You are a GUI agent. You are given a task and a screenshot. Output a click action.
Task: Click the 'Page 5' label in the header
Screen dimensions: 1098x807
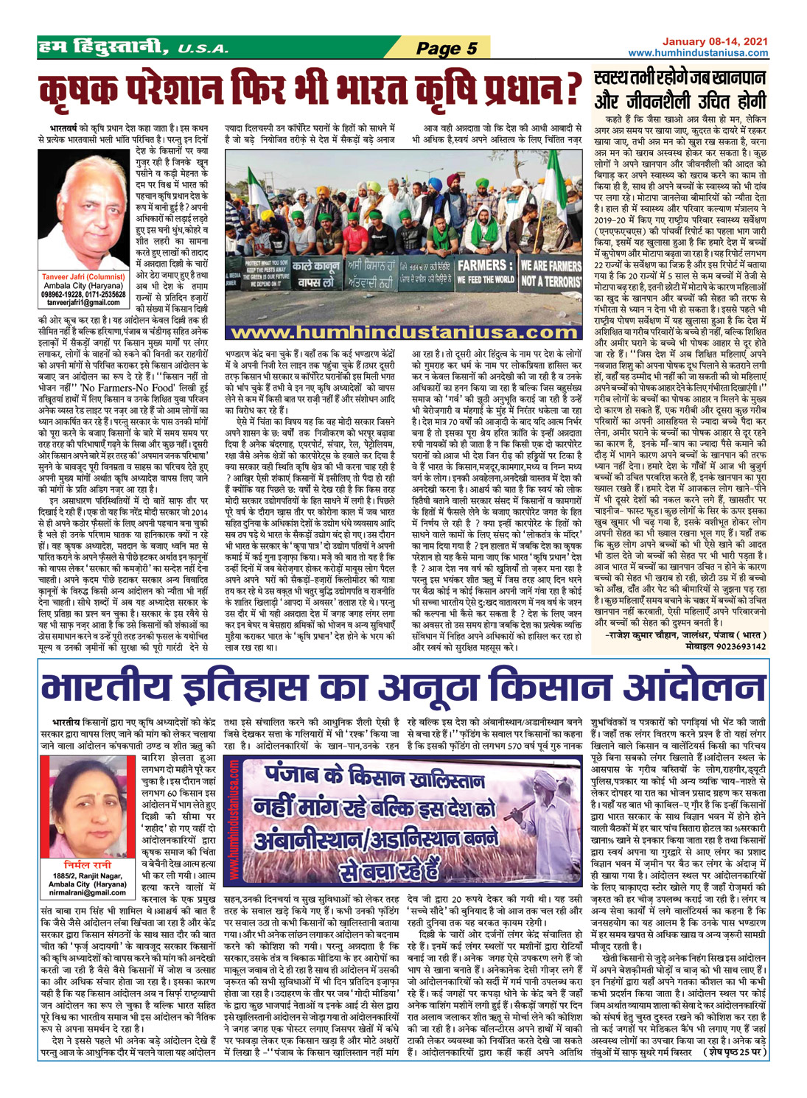[447, 49]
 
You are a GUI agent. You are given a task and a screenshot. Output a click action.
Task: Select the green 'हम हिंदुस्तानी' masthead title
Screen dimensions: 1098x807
[108, 49]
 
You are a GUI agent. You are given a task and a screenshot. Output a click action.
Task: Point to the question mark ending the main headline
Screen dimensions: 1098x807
[567, 90]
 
